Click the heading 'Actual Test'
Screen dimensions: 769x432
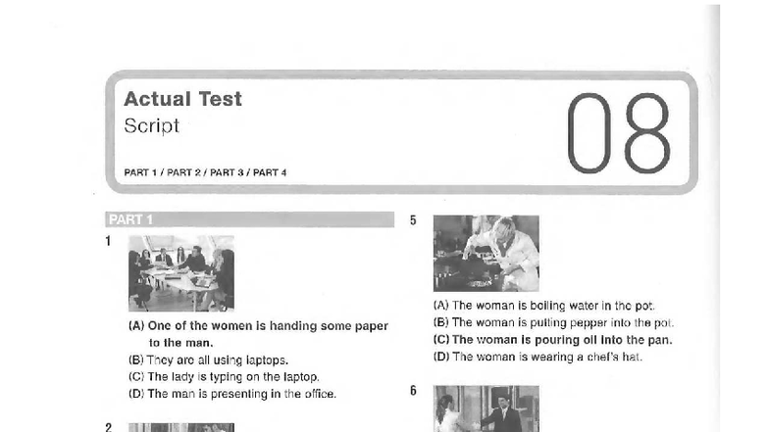coord(182,99)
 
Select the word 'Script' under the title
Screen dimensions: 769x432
coord(151,125)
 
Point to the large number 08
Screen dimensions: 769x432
coord(618,133)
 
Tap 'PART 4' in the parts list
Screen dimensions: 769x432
coord(270,172)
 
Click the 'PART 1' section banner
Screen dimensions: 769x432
coord(249,219)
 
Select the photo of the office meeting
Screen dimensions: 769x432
coord(181,273)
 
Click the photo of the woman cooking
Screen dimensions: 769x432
coord(487,253)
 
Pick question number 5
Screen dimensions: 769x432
coord(413,220)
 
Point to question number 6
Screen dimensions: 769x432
coord(413,390)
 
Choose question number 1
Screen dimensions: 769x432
coord(108,241)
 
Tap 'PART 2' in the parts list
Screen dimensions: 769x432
coord(184,172)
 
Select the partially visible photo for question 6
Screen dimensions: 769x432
coord(487,408)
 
